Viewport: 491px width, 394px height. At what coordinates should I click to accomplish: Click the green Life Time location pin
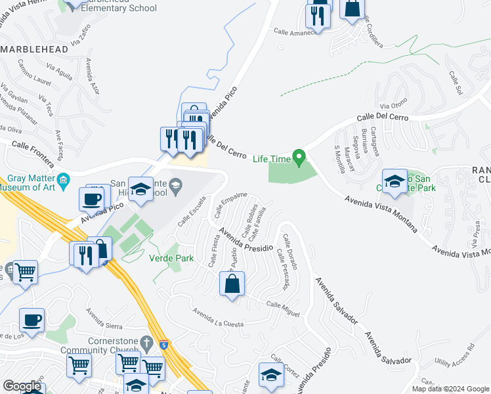[x=299, y=158]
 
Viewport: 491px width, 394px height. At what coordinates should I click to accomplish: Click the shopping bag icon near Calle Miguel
[x=232, y=284]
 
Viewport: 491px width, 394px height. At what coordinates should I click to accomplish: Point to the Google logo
[x=22, y=386]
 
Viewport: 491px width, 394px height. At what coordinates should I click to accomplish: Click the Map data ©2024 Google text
[x=450, y=389]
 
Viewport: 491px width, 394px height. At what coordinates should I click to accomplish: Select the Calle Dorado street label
[x=290, y=252]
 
